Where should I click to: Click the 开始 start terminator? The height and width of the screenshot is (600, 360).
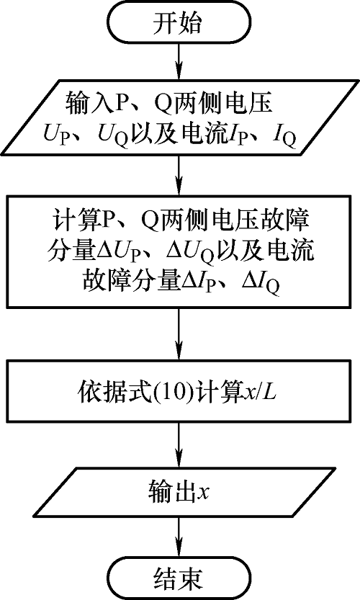pos(179,23)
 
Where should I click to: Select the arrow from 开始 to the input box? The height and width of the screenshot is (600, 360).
pos(179,63)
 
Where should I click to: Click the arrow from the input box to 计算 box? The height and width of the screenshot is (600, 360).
pos(179,175)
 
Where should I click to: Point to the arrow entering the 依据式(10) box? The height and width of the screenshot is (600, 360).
pos(179,333)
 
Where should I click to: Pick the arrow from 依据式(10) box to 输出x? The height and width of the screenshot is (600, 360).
pos(179,444)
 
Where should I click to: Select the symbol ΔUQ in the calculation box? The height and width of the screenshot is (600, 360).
pos(189,253)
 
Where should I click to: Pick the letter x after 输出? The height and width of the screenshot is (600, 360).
pos(202,493)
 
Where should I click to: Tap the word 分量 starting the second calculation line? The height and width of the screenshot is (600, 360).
pos(71,252)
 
